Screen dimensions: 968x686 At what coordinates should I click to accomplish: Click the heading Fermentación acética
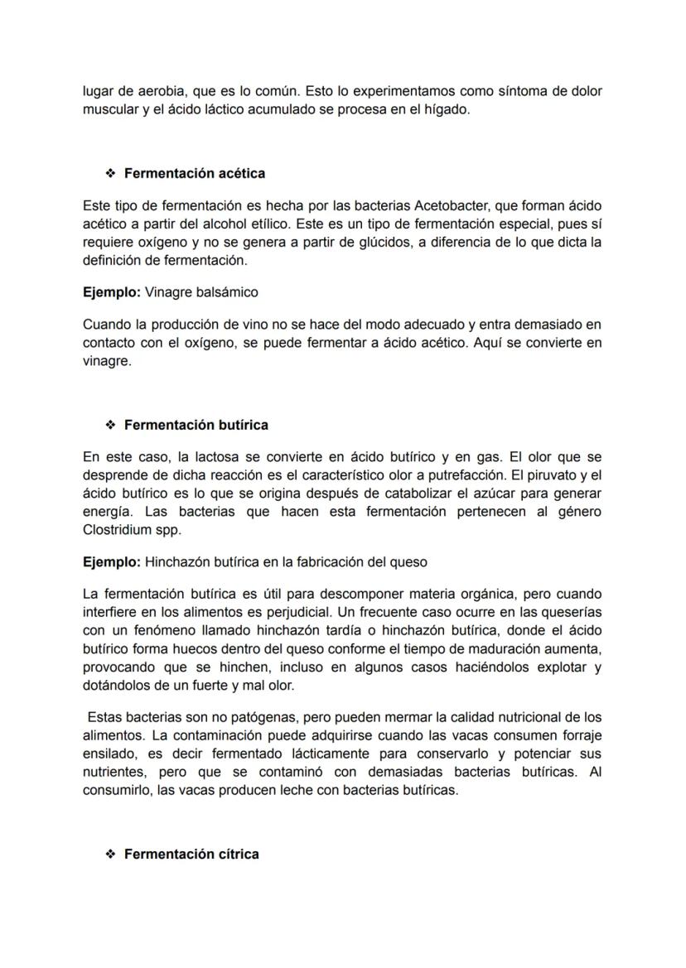tap(194, 173)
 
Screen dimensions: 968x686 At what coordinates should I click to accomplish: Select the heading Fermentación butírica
tap(196, 425)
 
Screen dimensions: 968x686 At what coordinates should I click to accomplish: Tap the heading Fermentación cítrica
tap(191, 854)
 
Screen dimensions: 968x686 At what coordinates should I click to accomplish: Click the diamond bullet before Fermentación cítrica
tap(109, 854)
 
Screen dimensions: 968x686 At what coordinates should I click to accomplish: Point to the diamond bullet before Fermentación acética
tap(109, 173)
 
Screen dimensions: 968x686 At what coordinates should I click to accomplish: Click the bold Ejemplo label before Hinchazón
tap(112, 562)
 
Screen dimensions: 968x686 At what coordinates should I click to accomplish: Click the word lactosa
tap(207, 457)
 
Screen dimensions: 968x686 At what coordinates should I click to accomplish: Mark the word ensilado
tap(109, 754)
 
